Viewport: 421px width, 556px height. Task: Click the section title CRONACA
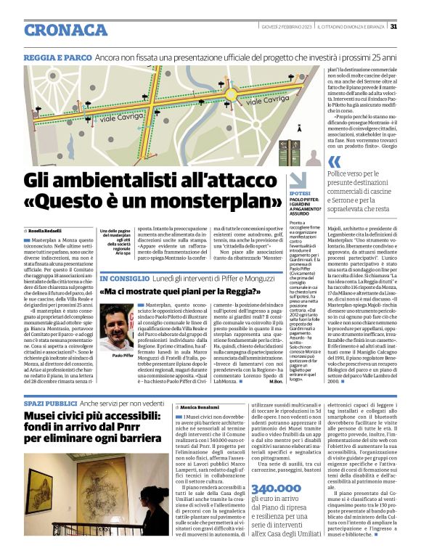pos(67,30)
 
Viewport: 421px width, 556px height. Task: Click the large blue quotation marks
pos(334,162)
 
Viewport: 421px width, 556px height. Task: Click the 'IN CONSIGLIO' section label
pos(123,279)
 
